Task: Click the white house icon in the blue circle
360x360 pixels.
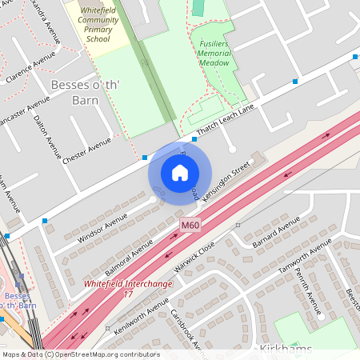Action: pos(180,172)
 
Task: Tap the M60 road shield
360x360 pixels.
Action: pos(190,226)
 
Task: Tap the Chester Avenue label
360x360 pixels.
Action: pos(87,150)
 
